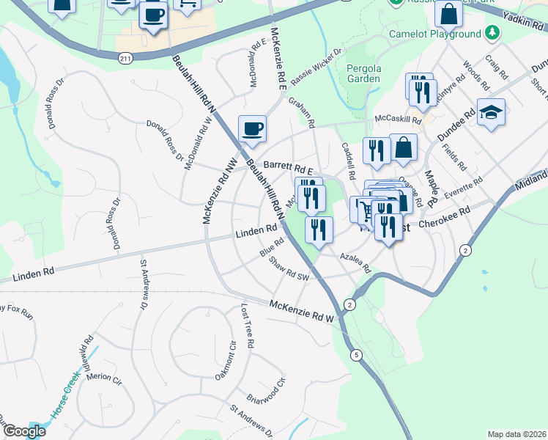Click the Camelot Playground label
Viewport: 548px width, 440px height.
[x=435, y=34]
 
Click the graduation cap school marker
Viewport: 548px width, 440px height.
[x=492, y=113]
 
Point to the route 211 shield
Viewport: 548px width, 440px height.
[x=126, y=56]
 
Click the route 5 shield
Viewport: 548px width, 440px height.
[x=357, y=356]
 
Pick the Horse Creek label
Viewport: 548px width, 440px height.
[x=65, y=401]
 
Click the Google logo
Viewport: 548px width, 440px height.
[x=24, y=431]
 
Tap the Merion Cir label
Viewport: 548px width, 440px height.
[x=103, y=378]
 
